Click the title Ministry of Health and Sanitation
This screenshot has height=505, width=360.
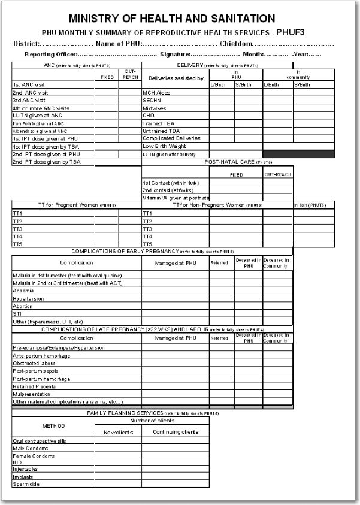tap(172, 19)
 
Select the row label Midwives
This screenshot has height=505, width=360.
tap(154, 108)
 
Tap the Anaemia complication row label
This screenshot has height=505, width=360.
tap(23, 291)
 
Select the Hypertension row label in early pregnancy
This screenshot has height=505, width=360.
tap(29, 298)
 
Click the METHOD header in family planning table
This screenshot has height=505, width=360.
tap(53, 425)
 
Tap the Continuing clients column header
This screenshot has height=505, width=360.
tap(176, 431)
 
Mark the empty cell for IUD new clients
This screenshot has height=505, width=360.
tap(118, 462)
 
